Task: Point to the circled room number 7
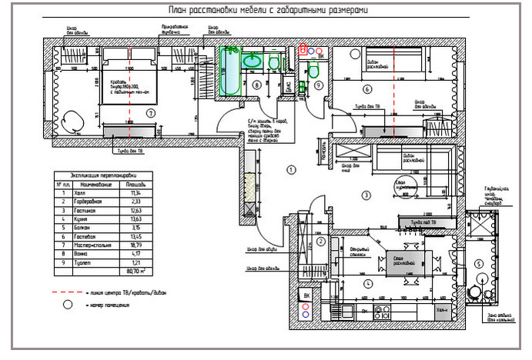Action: [151, 113]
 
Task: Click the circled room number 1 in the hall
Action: [290, 168]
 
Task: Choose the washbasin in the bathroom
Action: [252, 61]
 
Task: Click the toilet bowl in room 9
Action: [314, 71]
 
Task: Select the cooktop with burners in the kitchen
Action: [380, 312]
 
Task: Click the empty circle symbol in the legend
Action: [68, 305]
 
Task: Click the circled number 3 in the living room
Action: [366, 195]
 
